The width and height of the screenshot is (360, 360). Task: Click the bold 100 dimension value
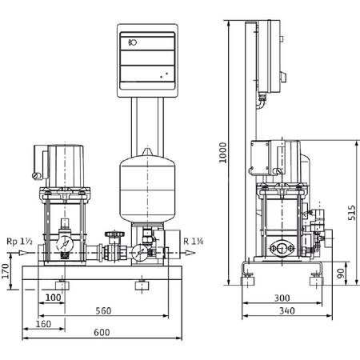pyautogui.click(x=54, y=298)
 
